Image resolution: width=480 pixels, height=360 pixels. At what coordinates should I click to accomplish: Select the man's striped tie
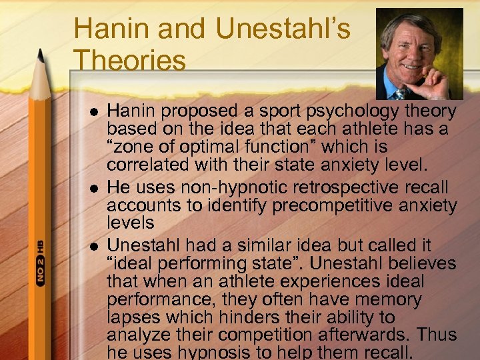(401, 94)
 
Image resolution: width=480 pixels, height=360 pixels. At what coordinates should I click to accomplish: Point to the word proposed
(199, 111)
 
